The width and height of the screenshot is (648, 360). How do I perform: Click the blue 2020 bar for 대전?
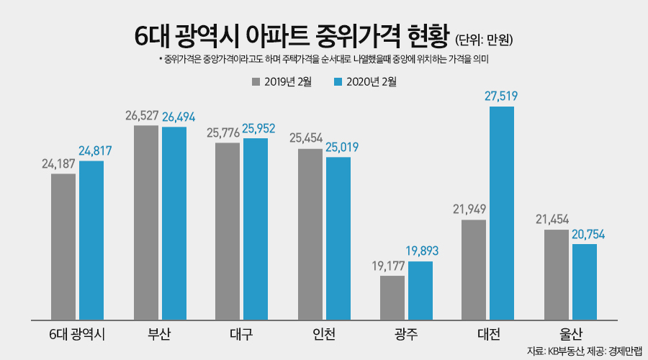502,213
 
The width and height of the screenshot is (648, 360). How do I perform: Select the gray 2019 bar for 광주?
392,297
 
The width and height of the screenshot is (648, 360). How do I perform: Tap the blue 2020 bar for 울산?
584,282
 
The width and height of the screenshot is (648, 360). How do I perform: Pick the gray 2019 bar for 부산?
146,222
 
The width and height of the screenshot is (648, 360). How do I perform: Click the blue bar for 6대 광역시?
91,240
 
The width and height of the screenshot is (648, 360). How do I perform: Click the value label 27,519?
502,96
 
